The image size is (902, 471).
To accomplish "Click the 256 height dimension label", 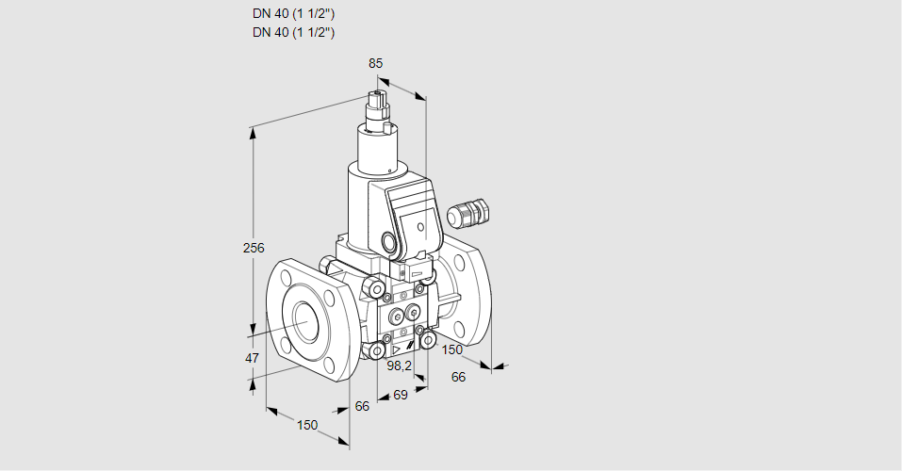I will (x=254, y=249).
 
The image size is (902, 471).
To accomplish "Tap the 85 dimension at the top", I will (x=375, y=63).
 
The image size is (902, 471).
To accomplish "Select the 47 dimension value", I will (x=252, y=358).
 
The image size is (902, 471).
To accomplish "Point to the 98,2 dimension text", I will (x=401, y=365).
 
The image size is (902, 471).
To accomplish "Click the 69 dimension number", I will (x=400, y=396).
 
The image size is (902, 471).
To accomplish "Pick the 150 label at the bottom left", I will (x=307, y=426).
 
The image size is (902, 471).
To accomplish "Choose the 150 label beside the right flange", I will (x=452, y=350).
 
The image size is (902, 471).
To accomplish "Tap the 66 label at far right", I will (x=459, y=377).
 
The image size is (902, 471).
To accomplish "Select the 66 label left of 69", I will (x=362, y=406).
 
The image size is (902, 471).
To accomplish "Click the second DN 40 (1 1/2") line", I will (x=294, y=33).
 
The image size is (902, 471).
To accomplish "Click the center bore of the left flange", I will (x=306, y=322).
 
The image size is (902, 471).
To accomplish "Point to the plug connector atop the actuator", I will (x=379, y=106).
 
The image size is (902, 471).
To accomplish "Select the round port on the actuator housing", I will (x=390, y=242).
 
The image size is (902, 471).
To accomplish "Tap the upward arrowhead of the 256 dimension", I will (x=253, y=133).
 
